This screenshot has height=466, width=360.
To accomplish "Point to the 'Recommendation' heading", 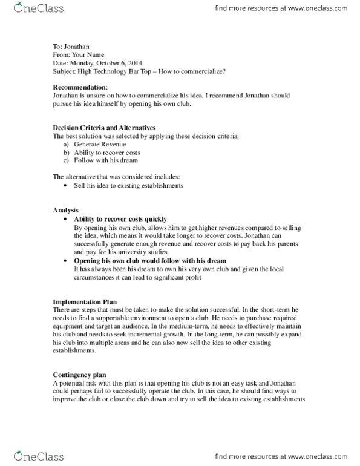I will tap(79, 80).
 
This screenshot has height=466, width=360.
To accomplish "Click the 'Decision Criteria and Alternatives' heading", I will tap(105, 128).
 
